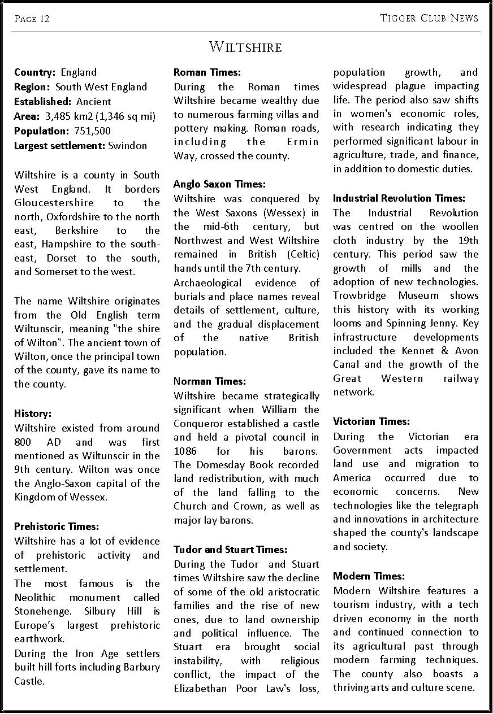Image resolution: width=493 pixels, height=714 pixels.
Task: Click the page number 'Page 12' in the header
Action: [x=32, y=19]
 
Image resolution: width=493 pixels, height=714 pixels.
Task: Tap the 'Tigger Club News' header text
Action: [x=429, y=18]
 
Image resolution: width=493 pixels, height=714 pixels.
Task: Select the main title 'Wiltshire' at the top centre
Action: [x=245, y=47]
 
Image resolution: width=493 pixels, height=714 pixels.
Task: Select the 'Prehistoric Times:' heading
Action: [x=57, y=527]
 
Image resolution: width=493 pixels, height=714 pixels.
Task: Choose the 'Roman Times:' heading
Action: [x=207, y=72]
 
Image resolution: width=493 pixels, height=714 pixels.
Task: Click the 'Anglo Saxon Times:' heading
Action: [x=219, y=184]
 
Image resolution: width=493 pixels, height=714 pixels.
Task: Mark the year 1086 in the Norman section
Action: [x=185, y=451]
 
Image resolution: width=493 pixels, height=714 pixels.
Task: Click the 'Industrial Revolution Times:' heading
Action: [x=399, y=198]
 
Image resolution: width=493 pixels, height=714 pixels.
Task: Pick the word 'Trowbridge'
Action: [x=360, y=295]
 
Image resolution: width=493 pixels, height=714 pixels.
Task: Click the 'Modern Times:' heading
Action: [x=369, y=576]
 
